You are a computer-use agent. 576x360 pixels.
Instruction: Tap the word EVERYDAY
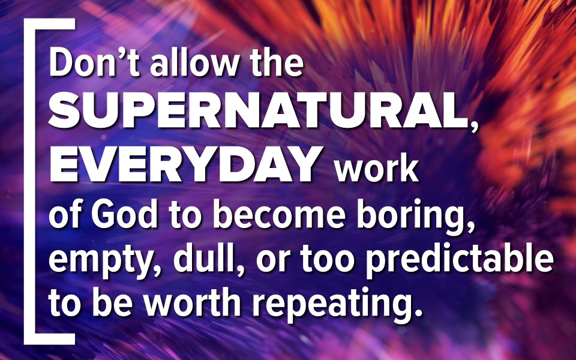click(x=186, y=163)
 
